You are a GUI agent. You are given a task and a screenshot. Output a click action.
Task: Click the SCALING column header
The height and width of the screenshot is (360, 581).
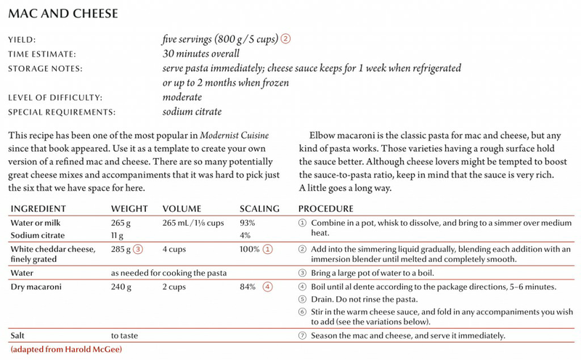pos(259,208)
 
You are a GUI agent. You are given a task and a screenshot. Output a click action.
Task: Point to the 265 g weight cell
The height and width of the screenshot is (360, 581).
pos(122,222)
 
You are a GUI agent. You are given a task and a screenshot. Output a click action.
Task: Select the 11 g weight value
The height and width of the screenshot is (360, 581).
pos(118,234)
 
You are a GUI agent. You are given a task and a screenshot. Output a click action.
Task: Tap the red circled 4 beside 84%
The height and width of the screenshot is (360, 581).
pos(268,285)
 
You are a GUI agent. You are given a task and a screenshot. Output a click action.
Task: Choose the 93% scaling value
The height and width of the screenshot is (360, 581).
pos(248,222)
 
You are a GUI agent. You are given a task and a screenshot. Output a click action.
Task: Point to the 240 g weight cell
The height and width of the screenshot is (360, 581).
pos(122,285)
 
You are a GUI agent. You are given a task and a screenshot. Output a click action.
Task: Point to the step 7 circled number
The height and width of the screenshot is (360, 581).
pos(303,337)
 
